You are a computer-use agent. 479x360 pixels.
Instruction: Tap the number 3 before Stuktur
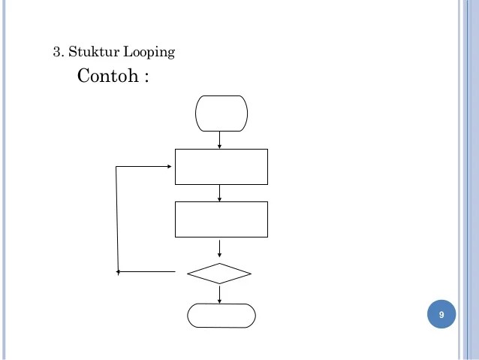(x=56, y=52)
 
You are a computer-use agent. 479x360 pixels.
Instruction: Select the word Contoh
(x=106, y=77)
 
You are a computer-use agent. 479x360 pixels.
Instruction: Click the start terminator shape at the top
(x=221, y=113)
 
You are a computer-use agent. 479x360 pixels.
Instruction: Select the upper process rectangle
(x=221, y=166)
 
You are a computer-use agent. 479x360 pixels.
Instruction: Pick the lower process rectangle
(x=221, y=219)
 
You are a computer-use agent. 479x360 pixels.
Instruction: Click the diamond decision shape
(x=219, y=273)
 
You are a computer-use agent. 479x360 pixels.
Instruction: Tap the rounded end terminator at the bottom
(x=221, y=316)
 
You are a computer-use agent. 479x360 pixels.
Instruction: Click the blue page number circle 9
(x=441, y=314)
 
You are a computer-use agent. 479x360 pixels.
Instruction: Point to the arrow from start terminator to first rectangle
(x=219, y=140)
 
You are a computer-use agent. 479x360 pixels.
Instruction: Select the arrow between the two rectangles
(x=219, y=193)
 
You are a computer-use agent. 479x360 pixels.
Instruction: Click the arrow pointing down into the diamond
(x=219, y=249)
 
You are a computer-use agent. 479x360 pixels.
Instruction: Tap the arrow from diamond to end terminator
(x=219, y=294)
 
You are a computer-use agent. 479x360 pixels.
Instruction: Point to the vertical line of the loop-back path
(x=117, y=218)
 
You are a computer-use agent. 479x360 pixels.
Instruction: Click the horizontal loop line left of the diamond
(x=146, y=271)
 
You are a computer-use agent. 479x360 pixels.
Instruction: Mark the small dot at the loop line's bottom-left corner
(x=118, y=272)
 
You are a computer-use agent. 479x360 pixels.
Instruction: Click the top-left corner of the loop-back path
(x=116, y=166)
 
